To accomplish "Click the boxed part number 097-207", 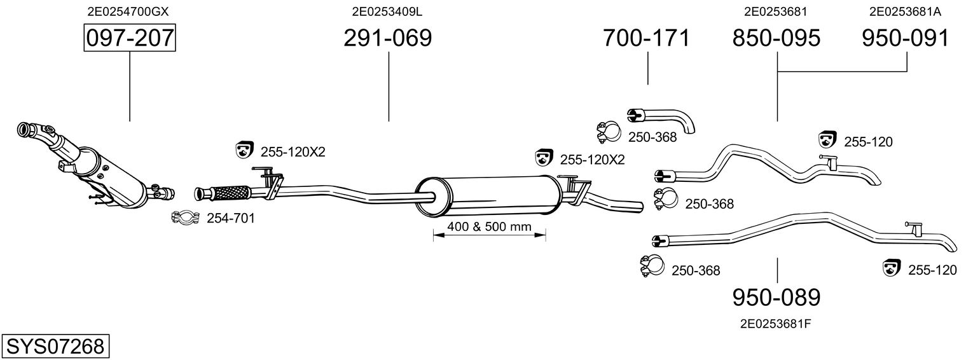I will pos(129,38).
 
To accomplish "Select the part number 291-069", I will pos(387,38).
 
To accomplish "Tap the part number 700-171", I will pos(646,38).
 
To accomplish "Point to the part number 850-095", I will pos(776,38).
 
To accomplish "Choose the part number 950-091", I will pos(905,38).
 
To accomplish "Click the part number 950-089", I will pos(776,297).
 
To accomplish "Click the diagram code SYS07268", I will pos(55,347).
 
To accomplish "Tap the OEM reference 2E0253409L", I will pos(387,11).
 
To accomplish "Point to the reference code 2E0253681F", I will pos(775,323).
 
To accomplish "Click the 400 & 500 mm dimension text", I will pos(489,226).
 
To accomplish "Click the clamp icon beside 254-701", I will pos(185,218).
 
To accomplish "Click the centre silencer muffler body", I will pos(490,196).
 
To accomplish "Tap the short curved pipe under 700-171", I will pos(664,118).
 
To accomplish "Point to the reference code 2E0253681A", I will pos(905,11).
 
